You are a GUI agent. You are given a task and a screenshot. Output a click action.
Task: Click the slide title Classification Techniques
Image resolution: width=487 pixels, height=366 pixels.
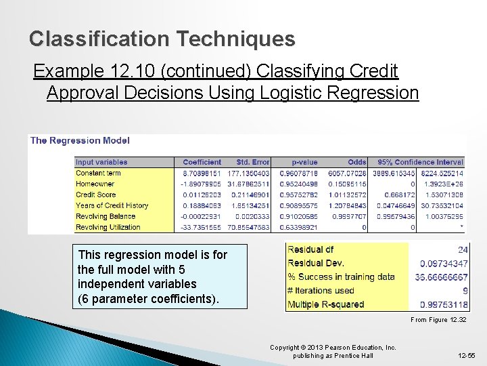[162, 39]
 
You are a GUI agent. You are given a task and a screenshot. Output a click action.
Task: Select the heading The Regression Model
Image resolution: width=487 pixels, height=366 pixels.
[80, 141]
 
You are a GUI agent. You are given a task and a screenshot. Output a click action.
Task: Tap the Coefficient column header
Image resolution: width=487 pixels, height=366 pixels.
[202, 162]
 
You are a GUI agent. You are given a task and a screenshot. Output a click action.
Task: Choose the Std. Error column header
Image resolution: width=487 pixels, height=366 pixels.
[252, 162]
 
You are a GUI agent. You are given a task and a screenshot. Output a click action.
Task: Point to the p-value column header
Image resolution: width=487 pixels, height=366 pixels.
[304, 162]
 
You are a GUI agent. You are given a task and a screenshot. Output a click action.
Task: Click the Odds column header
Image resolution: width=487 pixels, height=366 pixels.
[356, 162]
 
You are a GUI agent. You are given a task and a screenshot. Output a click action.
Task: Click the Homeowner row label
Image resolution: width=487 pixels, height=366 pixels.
[95, 184]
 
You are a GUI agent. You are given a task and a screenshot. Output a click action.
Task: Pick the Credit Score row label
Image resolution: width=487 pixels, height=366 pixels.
[97, 195]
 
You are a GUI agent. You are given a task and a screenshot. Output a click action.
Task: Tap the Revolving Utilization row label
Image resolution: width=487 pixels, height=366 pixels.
[108, 227]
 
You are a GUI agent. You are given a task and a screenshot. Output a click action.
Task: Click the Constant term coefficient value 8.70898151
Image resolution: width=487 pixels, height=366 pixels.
[202, 173]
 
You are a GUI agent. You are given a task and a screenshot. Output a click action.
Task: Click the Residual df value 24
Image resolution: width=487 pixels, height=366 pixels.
[463, 250]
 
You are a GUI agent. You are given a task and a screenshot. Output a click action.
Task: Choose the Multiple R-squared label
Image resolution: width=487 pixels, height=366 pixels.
[326, 304]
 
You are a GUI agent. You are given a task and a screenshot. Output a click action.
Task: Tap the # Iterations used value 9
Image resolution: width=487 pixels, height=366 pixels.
[465, 291]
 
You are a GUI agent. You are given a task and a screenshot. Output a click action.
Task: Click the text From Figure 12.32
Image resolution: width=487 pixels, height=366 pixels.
[439, 320]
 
